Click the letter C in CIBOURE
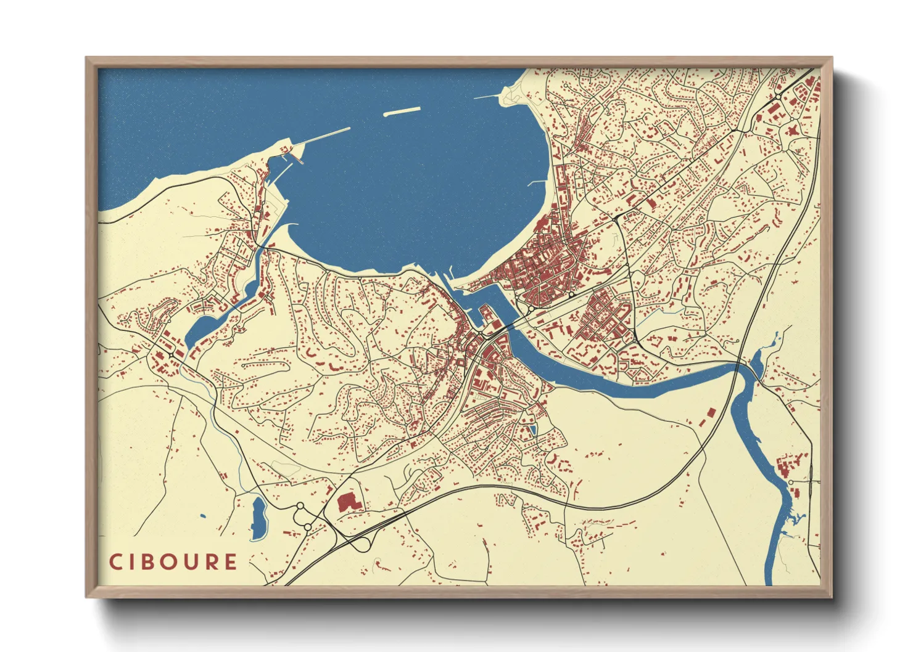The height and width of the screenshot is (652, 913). tap(115, 562)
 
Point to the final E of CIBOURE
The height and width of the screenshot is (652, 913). tap(231, 562)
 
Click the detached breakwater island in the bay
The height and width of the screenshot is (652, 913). tap(402, 112)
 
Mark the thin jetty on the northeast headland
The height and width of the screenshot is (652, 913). tap(487, 97)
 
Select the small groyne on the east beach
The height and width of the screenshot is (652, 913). tap(537, 183)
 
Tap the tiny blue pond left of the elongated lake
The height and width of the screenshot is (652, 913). tap(202, 516)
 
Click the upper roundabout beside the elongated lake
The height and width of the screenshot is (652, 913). tap(300, 506)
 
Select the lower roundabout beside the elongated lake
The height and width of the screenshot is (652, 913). tap(307, 528)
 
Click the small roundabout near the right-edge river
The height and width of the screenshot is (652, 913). tap(790, 482)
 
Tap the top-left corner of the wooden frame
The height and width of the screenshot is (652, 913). tap(86, 58)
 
